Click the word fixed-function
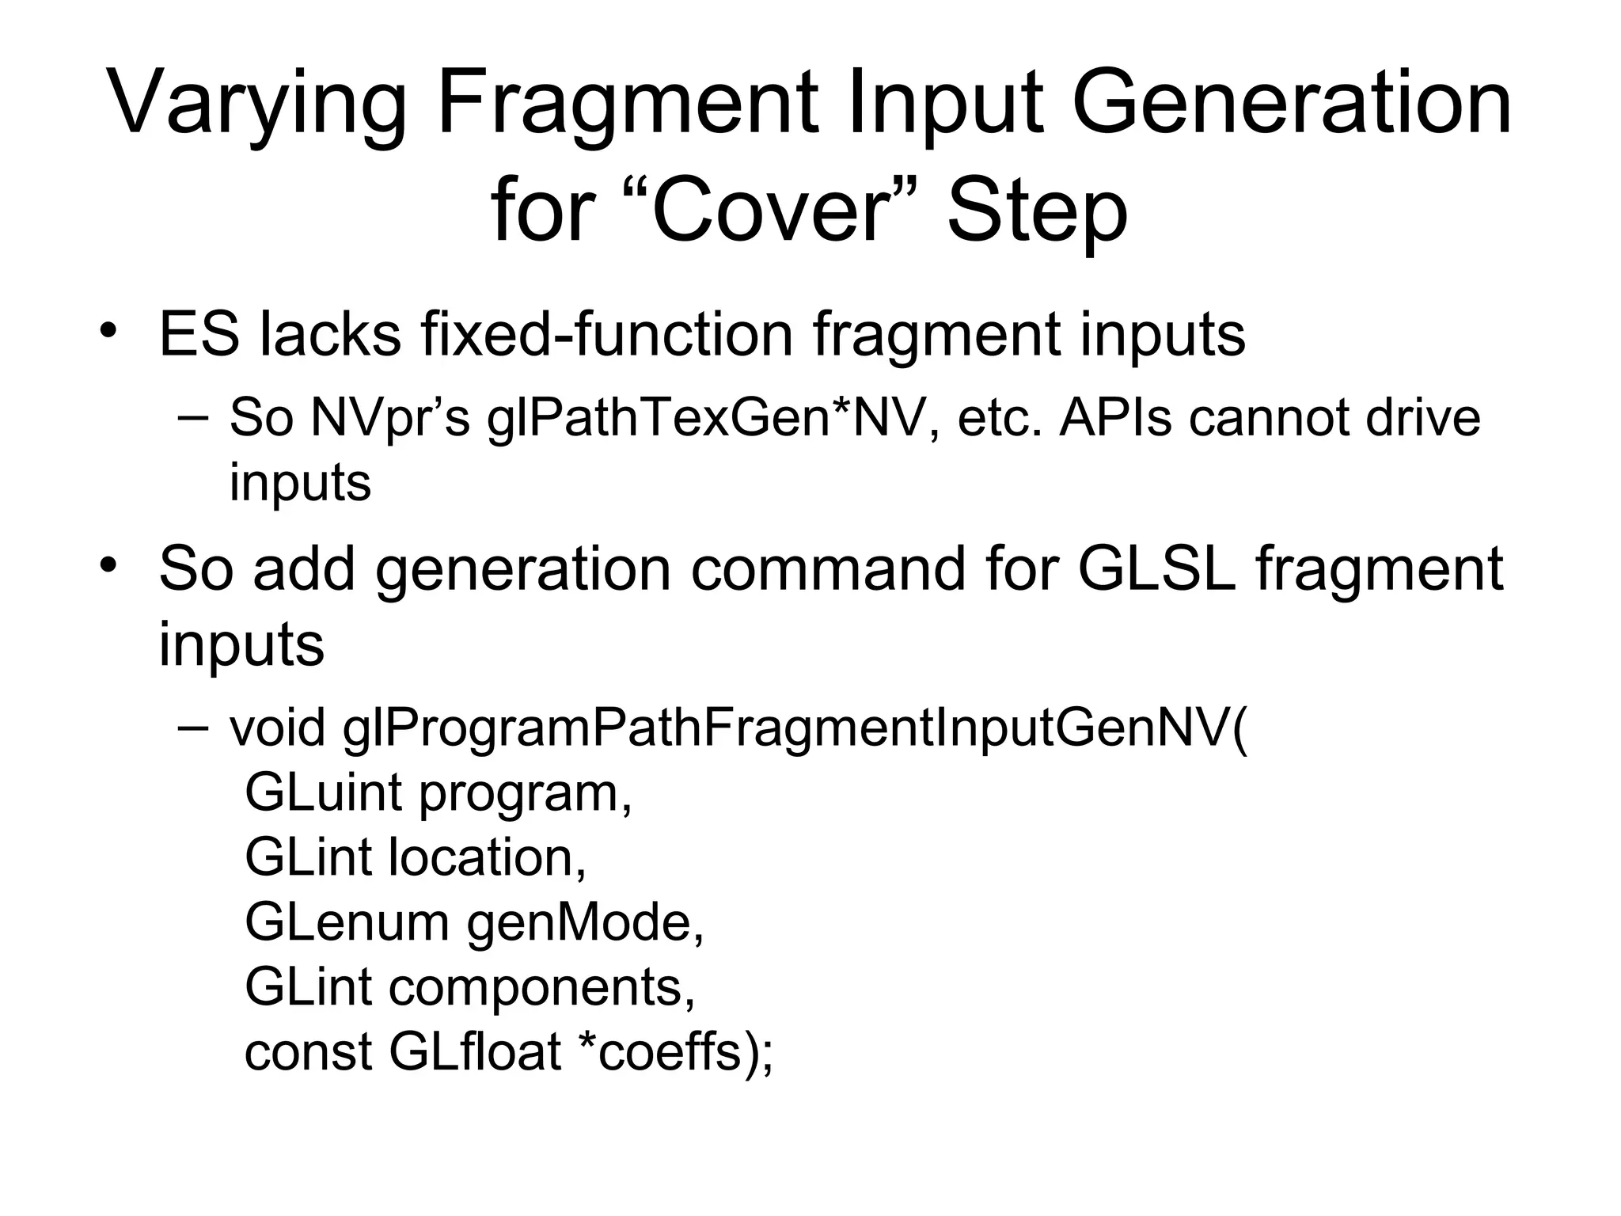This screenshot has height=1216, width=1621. [606, 335]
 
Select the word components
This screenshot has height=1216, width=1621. [541, 989]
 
